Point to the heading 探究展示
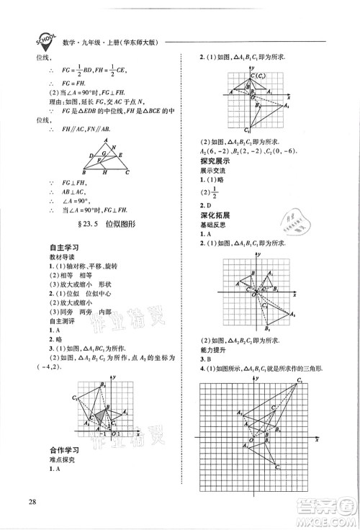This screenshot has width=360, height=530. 217,161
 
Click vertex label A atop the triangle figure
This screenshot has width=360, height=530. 104,141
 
